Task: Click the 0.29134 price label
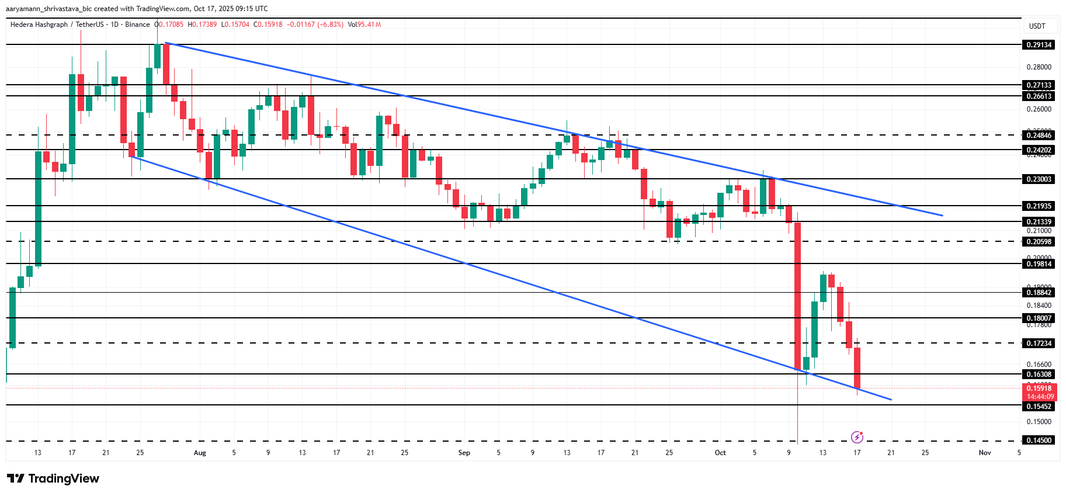tap(1039, 45)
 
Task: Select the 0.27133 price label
tap(1039, 85)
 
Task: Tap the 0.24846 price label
tap(1039, 136)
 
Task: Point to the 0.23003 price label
tap(1039, 179)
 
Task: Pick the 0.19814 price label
tap(1039, 264)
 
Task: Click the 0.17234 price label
tap(1039, 344)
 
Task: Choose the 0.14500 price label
tap(1039, 440)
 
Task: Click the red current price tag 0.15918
tap(1039, 389)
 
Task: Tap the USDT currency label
tap(1037, 26)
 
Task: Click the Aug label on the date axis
tap(200, 453)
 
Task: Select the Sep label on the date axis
tap(464, 453)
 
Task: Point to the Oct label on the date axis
tap(720, 453)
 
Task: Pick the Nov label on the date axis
tap(985, 453)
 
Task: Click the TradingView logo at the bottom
tap(53, 478)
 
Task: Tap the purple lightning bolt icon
tap(857, 437)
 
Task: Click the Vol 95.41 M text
tap(364, 25)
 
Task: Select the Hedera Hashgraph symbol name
tap(39, 25)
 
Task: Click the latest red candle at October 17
tap(857, 368)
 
